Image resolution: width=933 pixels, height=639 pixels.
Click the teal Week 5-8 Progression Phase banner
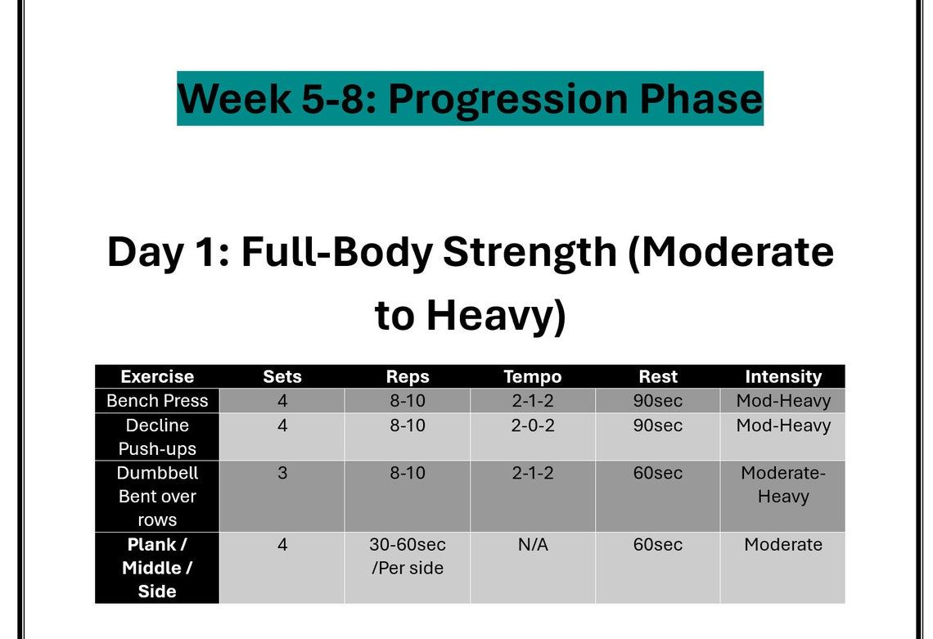(470, 98)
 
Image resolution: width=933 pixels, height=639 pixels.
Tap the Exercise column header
(157, 376)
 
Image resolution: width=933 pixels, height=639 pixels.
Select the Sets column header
(282, 376)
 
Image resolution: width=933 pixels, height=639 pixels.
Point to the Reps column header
(408, 376)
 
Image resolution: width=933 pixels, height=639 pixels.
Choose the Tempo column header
(533, 376)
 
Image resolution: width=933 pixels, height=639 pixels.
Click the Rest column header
(658, 376)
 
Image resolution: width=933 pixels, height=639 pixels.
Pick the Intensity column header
(783, 376)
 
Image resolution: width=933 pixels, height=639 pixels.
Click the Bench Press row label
(157, 401)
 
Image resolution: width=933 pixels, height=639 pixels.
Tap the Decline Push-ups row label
(157, 437)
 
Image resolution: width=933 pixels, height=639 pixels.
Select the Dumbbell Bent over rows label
(157, 497)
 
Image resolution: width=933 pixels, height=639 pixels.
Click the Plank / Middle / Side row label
(157, 568)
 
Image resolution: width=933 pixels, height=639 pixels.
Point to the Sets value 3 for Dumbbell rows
(282, 473)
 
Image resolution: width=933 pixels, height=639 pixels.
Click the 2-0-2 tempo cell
(533, 425)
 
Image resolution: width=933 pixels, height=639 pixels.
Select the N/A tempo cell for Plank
(533, 545)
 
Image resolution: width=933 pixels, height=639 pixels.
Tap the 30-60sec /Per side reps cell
(408, 556)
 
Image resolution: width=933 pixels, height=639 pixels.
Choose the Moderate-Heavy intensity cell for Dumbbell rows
(783, 485)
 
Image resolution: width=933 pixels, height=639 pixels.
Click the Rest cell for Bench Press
(658, 401)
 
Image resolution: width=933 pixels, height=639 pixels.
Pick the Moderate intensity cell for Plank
(783, 545)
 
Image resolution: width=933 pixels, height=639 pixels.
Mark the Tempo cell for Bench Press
(533, 401)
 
